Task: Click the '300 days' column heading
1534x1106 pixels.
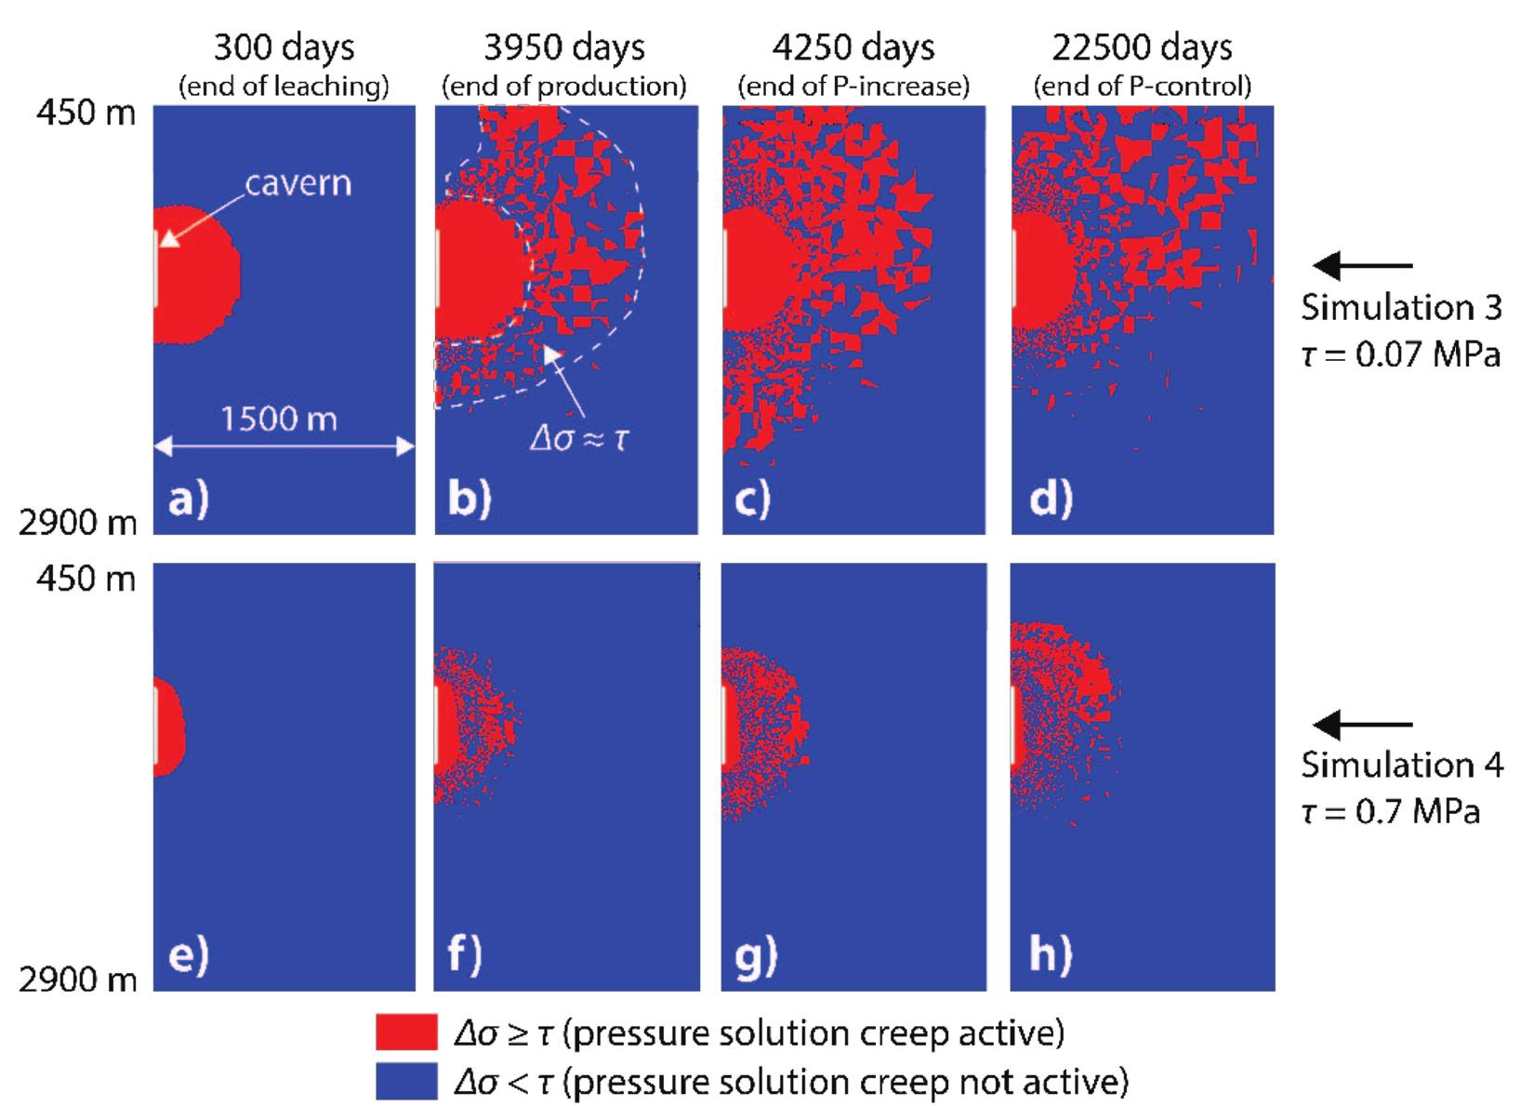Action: (x=284, y=47)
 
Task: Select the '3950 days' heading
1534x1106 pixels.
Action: (x=564, y=47)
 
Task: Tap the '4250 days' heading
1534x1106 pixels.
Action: (x=853, y=47)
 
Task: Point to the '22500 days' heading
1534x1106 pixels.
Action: (x=1143, y=47)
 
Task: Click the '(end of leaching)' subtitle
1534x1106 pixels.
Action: (x=284, y=87)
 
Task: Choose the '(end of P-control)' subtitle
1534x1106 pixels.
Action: (x=1143, y=87)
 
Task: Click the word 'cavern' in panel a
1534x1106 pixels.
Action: (x=298, y=183)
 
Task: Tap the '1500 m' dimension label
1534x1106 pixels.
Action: (x=279, y=420)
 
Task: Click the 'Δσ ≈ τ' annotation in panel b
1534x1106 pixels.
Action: (x=578, y=437)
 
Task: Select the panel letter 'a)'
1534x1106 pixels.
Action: (x=189, y=500)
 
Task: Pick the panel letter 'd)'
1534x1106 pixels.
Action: (x=1051, y=500)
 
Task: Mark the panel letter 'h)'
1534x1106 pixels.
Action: (x=1051, y=955)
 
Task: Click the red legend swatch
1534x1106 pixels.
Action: (x=406, y=1033)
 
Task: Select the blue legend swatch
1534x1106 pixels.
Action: (x=406, y=1081)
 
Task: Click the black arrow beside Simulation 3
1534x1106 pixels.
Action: (x=1362, y=266)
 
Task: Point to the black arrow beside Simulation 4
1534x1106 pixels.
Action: (x=1362, y=725)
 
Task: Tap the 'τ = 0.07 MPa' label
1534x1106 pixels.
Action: (x=1400, y=354)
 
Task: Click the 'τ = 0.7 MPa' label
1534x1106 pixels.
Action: (x=1390, y=812)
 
